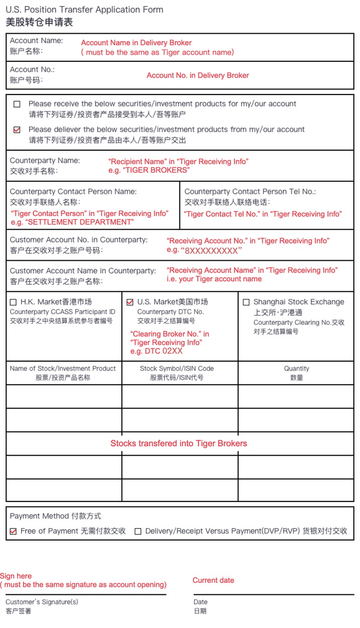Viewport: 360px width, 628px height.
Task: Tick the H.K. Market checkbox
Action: pyautogui.click(x=13, y=302)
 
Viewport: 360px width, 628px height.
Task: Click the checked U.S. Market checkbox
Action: pyautogui.click(x=130, y=302)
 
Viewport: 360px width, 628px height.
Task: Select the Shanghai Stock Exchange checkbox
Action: pyautogui.click(x=246, y=302)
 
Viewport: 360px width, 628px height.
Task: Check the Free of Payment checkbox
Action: pyautogui.click(x=13, y=531)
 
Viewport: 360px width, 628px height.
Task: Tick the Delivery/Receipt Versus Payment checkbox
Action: pyautogui.click(x=138, y=531)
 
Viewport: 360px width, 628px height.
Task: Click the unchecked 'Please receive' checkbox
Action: pyautogui.click(x=17, y=104)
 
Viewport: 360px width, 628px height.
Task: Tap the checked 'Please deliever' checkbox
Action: pyautogui.click(x=17, y=130)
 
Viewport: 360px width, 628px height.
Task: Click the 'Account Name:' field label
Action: pyautogui.click(x=36, y=41)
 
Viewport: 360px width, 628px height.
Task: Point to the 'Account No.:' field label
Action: pyautogui.click(x=32, y=69)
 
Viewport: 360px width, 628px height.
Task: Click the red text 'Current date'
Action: pyautogui.click(x=213, y=580)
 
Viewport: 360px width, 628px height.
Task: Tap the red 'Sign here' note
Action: pyautogui.click(x=16, y=576)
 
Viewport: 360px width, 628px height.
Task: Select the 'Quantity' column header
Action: pyautogui.click(x=296, y=368)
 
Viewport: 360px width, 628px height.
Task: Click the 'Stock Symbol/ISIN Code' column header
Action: pyautogui.click(x=176, y=368)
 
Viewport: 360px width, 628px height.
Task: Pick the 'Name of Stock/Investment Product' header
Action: pyautogui.click(x=63, y=368)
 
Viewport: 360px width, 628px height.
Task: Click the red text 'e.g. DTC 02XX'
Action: pyautogui.click(x=156, y=351)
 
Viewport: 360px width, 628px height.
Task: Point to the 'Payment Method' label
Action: pyautogui.click(x=42, y=516)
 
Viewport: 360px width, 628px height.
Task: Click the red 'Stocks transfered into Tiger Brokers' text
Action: pyautogui.click(x=178, y=443)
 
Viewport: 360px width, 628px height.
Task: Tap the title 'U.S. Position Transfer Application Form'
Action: pyautogui.click(x=84, y=10)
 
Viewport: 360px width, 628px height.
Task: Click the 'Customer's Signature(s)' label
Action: pyautogui.click(x=42, y=602)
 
